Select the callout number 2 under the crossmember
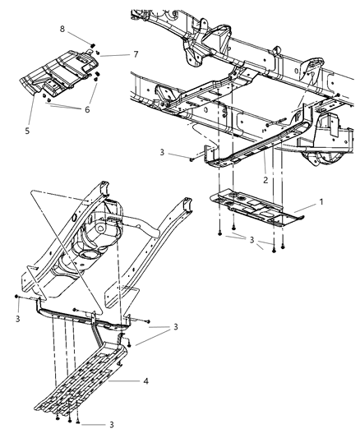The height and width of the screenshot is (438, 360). [265, 179]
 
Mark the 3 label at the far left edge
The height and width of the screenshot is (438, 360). [16, 317]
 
